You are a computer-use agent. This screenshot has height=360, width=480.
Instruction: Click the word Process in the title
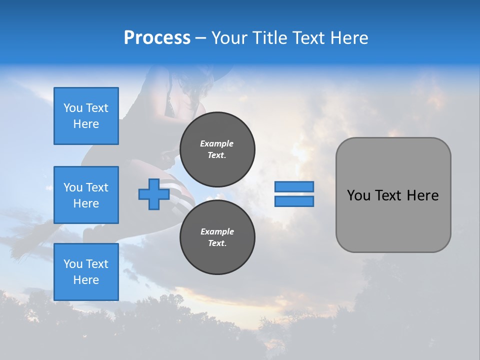pos(157,38)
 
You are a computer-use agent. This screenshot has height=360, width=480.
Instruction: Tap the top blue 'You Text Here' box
pos(86,116)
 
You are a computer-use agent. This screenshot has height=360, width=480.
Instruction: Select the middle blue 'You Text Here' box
pos(86,195)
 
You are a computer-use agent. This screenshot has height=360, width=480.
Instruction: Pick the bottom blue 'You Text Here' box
pos(86,272)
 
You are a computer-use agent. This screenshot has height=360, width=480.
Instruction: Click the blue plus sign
pos(154,194)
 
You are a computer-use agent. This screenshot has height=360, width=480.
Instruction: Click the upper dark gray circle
pos(217,149)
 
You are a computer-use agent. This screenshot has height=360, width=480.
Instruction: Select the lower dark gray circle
pos(217,237)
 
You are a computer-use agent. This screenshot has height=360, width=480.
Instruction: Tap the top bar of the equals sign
pos(294,186)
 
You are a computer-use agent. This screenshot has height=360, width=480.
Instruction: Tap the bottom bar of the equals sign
pos(294,201)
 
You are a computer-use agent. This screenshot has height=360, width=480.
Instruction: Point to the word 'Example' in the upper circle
pos(217,143)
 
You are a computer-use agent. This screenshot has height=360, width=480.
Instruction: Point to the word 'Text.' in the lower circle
pos(217,243)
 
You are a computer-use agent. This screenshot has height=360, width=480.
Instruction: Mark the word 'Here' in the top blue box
pos(86,124)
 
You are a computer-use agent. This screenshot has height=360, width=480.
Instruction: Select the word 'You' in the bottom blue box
pos(73,264)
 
